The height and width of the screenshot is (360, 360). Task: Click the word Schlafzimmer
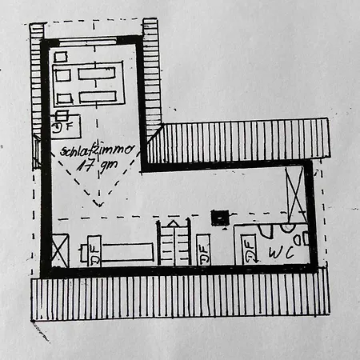click(x=97, y=150)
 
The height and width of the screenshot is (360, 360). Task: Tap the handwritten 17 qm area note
click(x=98, y=166)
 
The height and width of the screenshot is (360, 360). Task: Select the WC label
click(x=282, y=252)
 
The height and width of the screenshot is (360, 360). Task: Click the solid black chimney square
click(x=220, y=218)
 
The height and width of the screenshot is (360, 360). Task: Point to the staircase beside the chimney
click(x=174, y=242)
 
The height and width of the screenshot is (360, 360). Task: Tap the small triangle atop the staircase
click(x=173, y=223)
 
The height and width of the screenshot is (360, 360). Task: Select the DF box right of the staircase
click(x=203, y=250)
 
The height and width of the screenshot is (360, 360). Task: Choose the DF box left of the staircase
click(x=94, y=250)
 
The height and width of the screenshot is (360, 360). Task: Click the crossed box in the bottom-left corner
click(x=60, y=250)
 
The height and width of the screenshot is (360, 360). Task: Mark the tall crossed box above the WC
click(x=295, y=194)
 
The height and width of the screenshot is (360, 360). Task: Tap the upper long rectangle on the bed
click(x=97, y=74)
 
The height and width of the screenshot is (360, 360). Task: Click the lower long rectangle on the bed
click(x=98, y=97)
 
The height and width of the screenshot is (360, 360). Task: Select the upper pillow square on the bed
click(x=63, y=75)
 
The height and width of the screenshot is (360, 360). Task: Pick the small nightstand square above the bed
click(x=61, y=57)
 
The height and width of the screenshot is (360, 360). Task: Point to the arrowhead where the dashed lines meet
click(x=99, y=204)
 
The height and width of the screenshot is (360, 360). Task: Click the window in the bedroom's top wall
click(x=88, y=42)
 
